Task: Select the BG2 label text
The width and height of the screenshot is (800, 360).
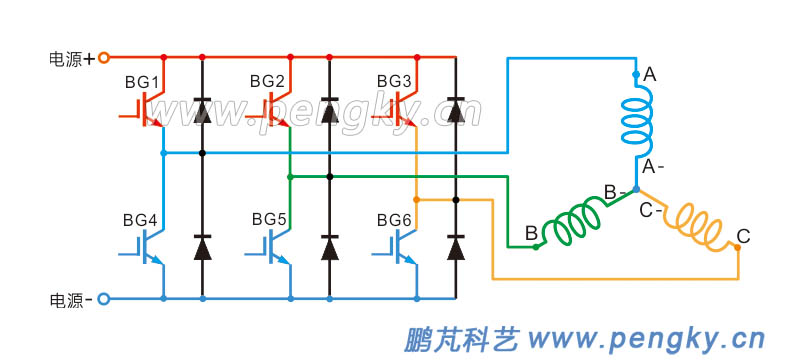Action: (x=267, y=80)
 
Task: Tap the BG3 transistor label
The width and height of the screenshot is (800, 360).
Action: (x=394, y=80)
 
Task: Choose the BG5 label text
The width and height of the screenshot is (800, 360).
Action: (x=268, y=219)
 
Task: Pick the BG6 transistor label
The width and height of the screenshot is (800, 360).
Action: (x=394, y=219)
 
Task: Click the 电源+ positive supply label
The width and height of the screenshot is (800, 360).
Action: (x=71, y=58)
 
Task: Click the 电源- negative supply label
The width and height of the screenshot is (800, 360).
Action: (x=71, y=299)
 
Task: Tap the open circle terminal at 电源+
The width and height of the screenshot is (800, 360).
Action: (x=103, y=58)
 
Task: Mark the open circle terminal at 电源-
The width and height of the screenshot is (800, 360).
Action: (x=103, y=299)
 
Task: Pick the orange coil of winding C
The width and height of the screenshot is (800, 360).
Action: (x=697, y=226)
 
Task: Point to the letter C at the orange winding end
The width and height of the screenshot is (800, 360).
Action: (x=743, y=237)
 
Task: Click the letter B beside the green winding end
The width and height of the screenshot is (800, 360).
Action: (x=530, y=233)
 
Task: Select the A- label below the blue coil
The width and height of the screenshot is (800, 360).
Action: (x=654, y=165)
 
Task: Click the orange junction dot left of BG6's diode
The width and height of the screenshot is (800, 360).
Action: (x=416, y=200)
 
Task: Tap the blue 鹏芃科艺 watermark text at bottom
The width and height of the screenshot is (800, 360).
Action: (x=461, y=340)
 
